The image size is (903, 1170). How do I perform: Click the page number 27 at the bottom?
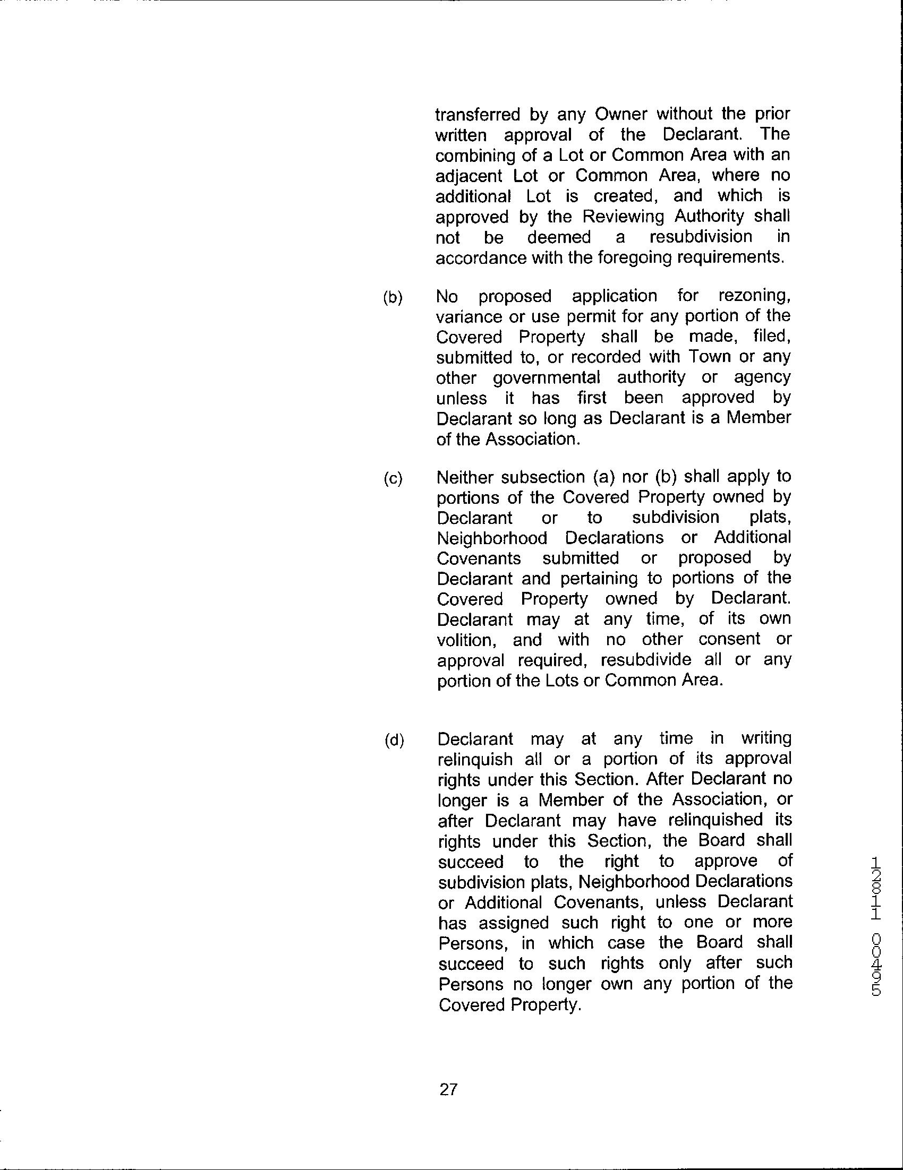(x=447, y=1090)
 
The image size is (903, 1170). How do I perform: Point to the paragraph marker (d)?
(x=394, y=741)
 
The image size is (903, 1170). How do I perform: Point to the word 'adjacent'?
(x=468, y=176)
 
